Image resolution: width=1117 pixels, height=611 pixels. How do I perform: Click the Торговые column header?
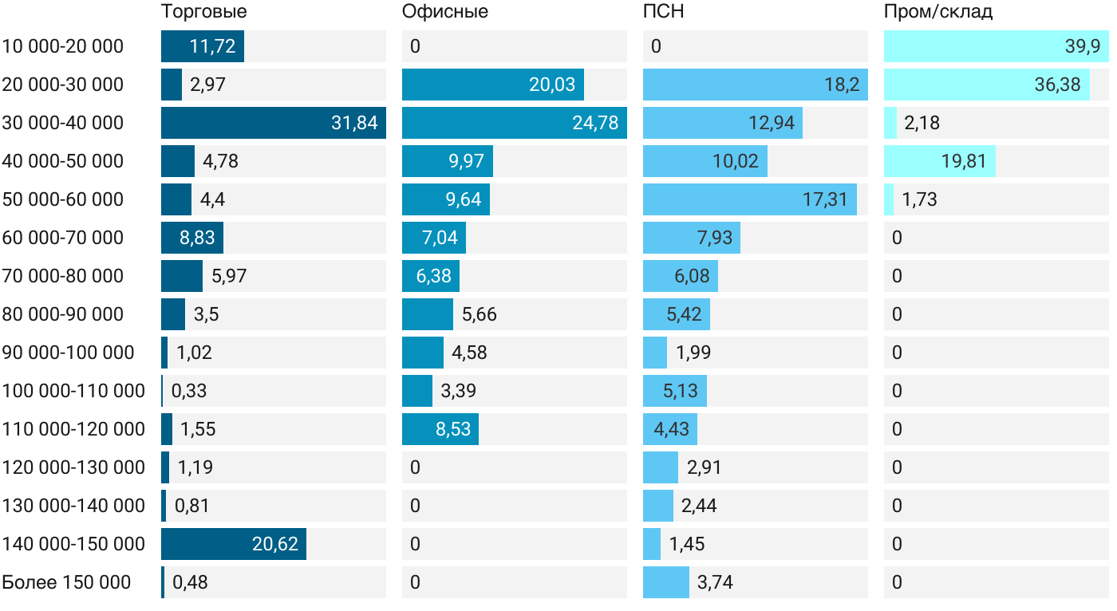(203, 12)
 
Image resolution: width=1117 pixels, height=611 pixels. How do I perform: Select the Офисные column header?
(444, 12)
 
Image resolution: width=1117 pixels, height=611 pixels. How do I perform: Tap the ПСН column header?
(663, 12)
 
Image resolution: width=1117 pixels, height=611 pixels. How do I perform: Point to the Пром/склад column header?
(937, 12)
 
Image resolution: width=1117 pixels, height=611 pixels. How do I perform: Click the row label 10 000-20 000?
(63, 46)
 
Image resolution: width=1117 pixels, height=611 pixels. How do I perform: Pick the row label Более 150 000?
(66, 582)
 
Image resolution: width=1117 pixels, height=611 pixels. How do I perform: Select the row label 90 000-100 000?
(68, 353)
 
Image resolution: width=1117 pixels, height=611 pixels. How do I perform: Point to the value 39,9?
(1082, 46)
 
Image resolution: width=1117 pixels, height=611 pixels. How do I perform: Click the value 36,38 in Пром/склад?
(1057, 85)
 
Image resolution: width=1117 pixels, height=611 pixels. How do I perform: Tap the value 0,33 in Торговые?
(189, 391)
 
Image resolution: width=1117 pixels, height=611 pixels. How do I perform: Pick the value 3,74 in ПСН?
(715, 582)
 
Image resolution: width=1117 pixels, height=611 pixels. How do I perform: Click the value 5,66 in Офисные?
(479, 314)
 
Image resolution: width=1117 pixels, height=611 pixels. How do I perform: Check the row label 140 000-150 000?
(73, 544)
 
